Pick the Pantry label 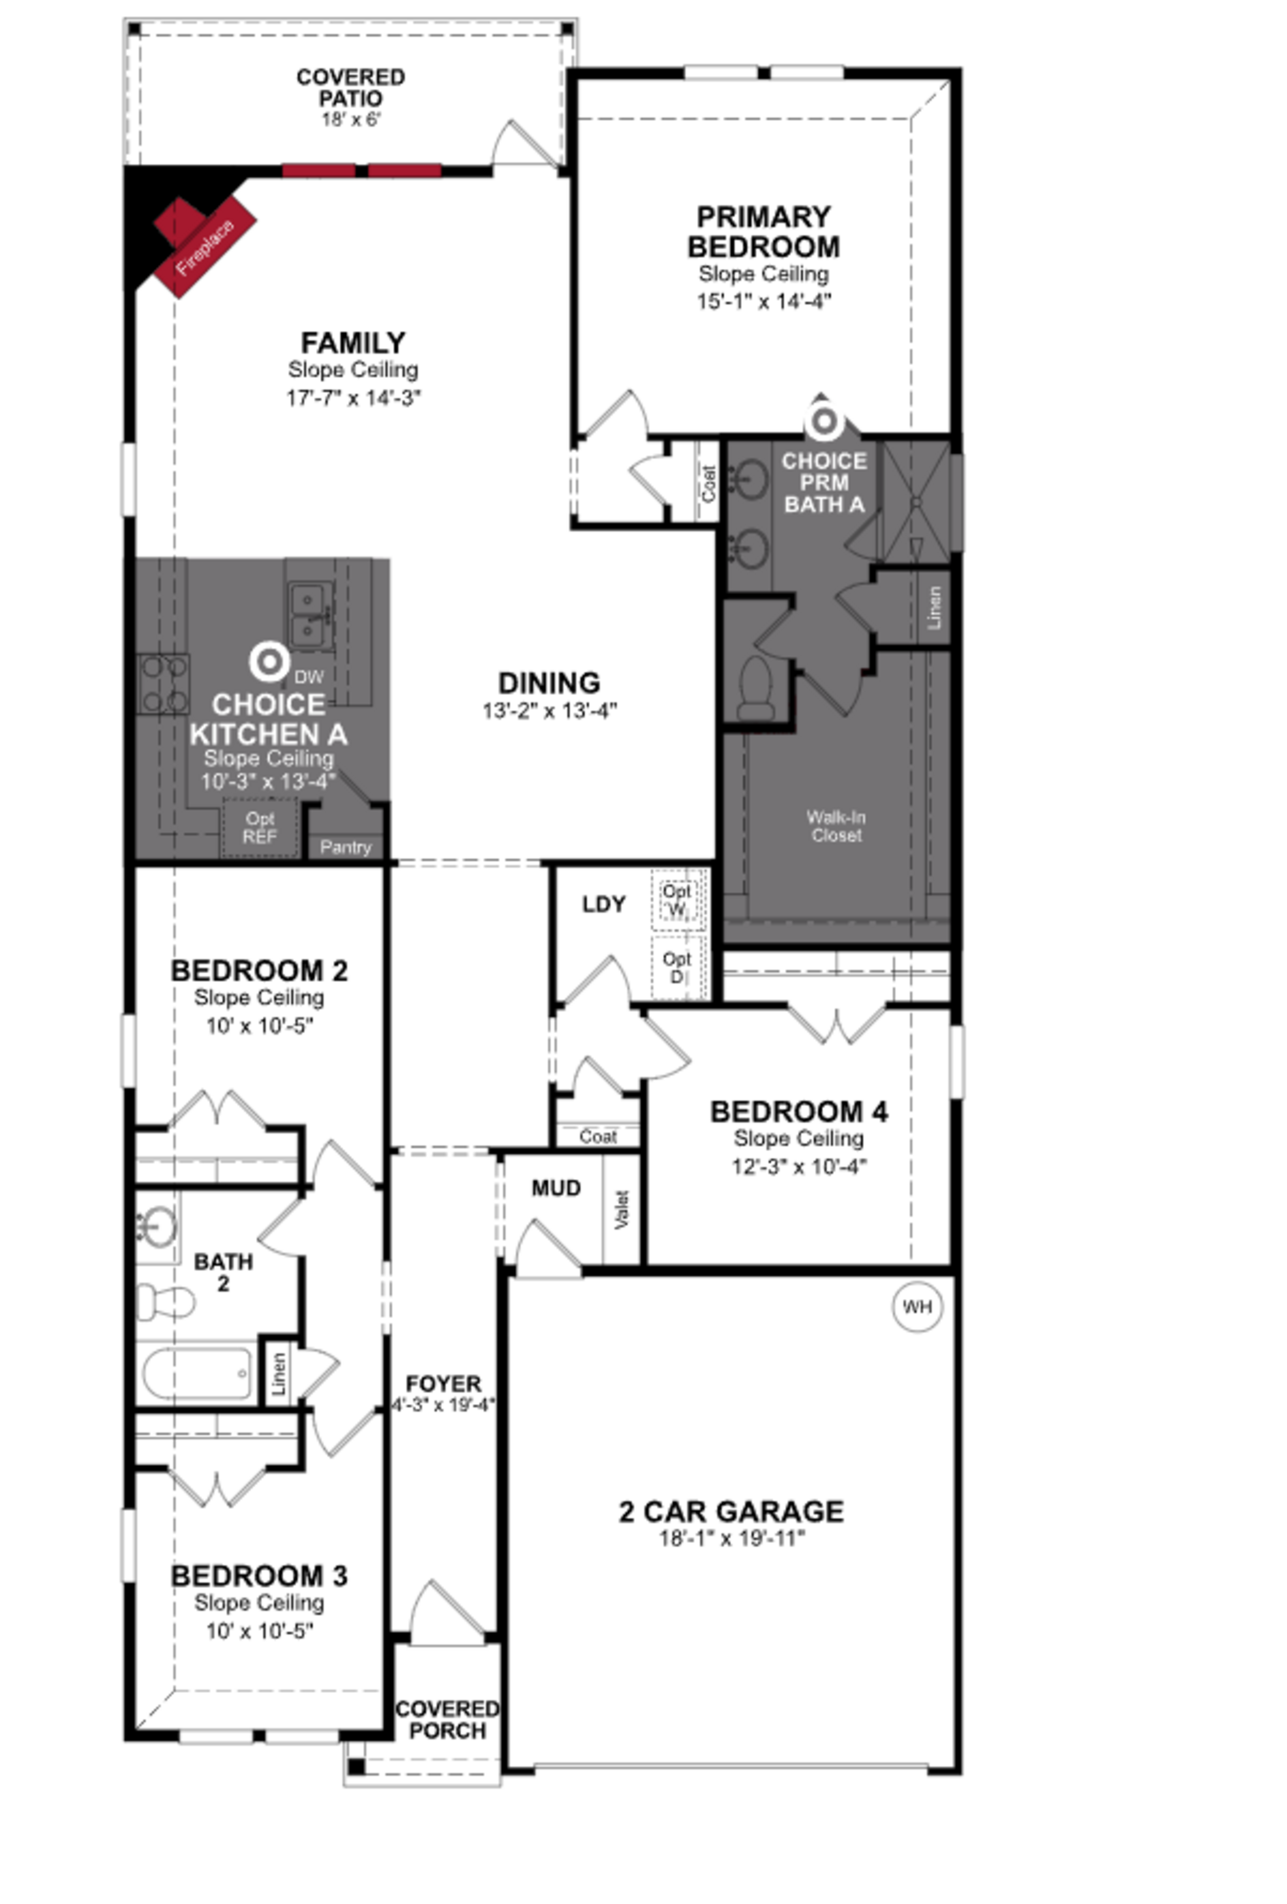coord(345,847)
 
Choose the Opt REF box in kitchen coord(260,828)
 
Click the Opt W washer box coord(677,900)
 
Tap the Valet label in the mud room coord(621,1209)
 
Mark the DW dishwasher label coord(309,677)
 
